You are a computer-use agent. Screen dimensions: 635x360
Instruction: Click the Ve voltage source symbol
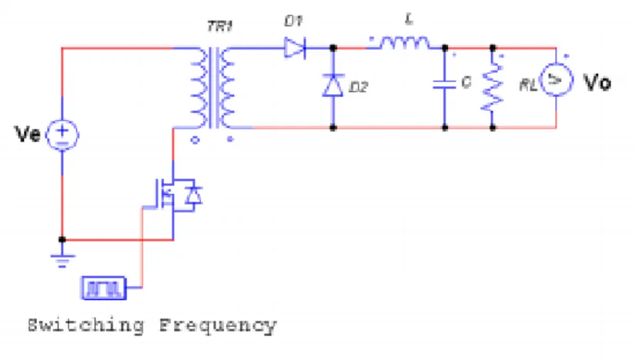pos(62,135)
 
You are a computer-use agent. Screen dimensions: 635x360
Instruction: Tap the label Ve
pos(28,134)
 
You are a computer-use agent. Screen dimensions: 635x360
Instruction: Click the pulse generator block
pos(104,288)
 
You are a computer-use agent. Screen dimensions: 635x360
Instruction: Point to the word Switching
pos(86,325)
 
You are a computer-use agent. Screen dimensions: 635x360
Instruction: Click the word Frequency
pos(218,325)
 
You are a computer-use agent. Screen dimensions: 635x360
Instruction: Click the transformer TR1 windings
pos(212,88)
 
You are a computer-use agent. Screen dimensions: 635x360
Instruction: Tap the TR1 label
pos(220,27)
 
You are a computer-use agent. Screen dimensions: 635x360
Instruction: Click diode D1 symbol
pos(295,48)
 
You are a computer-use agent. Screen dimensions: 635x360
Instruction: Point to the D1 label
pos(293,21)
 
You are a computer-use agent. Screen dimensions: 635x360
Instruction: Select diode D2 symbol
pos(333,85)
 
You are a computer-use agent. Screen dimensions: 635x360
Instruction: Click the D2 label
pos(359,87)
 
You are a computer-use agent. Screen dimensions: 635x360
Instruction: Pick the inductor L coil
pos(404,43)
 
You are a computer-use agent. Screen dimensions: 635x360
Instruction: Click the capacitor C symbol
pos(445,85)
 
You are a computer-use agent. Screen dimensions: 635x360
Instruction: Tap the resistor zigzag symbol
pos(493,86)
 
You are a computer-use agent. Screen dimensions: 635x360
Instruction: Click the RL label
pos(528,85)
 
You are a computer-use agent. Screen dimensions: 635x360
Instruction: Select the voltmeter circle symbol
pos(556,80)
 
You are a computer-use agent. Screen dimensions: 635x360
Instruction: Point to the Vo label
pos(597,82)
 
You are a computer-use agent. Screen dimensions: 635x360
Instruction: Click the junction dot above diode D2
pos(333,48)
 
